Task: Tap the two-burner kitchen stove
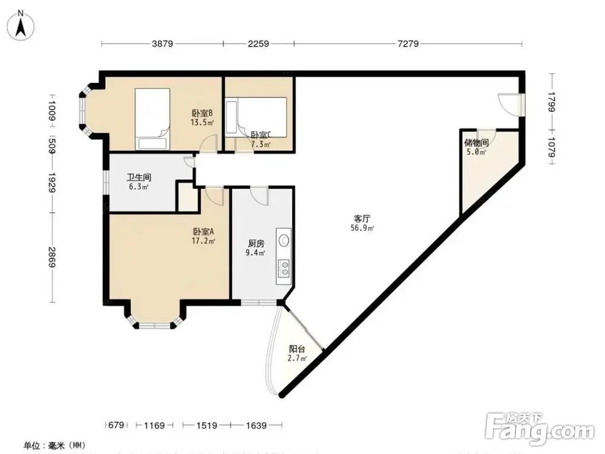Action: [284, 268]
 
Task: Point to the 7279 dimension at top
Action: [408, 44]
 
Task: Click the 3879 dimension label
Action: [162, 44]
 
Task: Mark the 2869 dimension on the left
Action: [53, 259]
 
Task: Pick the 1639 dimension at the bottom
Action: [257, 426]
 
